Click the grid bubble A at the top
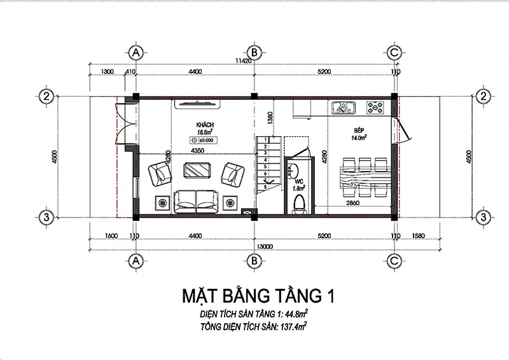pyautogui.click(x=134, y=52)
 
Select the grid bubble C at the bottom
pyautogui.click(x=394, y=260)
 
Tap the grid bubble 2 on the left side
pyautogui.click(x=46, y=97)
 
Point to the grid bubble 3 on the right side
pyautogui.click(x=484, y=217)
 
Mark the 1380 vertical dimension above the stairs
pyautogui.click(x=270, y=118)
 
